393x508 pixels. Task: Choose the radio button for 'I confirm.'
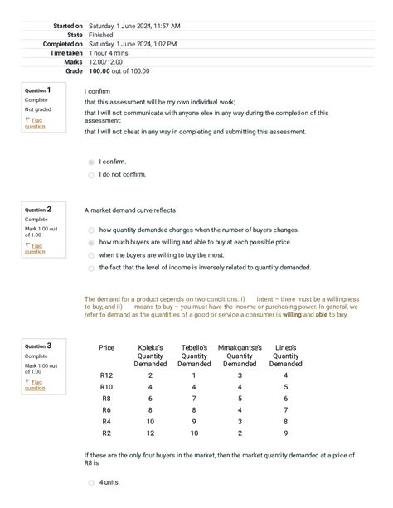pos(91,162)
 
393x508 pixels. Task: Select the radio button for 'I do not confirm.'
pos(91,175)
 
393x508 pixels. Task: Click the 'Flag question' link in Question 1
pos(35,123)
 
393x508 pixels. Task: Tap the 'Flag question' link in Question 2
pos(35,248)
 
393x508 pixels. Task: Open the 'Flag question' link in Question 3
pos(35,384)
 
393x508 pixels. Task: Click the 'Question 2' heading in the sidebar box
pos(38,210)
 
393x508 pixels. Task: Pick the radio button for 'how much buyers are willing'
pos(91,243)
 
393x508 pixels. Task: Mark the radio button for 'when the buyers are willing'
pos(91,255)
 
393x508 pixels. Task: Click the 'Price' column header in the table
pos(106,347)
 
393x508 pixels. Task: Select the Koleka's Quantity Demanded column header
pos(150,356)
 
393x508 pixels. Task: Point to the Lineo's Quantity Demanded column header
pos(285,356)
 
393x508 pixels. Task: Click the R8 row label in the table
pos(106,399)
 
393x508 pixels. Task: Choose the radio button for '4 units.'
pos(91,482)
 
